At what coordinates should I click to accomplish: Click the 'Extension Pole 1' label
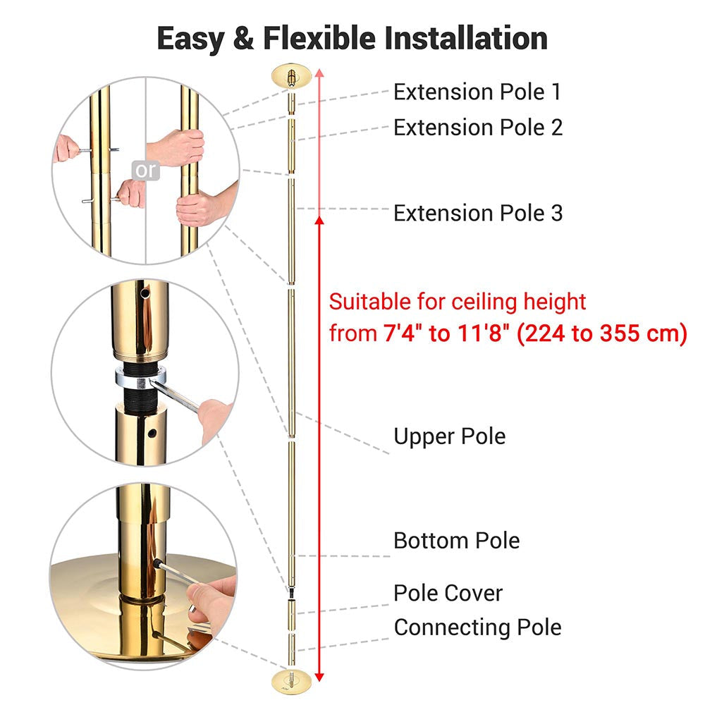tap(477, 92)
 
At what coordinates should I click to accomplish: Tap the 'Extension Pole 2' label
tap(478, 128)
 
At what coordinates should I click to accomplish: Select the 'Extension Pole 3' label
tap(478, 213)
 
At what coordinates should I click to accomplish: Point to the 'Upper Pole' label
tap(450, 436)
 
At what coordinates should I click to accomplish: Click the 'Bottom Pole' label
tap(456, 541)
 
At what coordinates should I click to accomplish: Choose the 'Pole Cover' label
tap(448, 593)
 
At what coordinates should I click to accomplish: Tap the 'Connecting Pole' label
tap(477, 627)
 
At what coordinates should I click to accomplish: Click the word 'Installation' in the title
tap(466, 38)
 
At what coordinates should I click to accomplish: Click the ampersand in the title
tap(243, 38)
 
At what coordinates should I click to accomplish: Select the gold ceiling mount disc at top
tap(291, 76)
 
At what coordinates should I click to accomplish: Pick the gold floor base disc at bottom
tap(291, 681)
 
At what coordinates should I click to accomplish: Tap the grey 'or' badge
tap(146, 171)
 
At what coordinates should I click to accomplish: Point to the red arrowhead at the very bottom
tap(319, 677)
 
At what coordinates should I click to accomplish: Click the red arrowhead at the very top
tap(319, 73)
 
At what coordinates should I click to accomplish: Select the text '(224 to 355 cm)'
tap(602, 333)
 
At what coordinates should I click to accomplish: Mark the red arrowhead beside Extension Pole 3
tap(319, 220)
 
